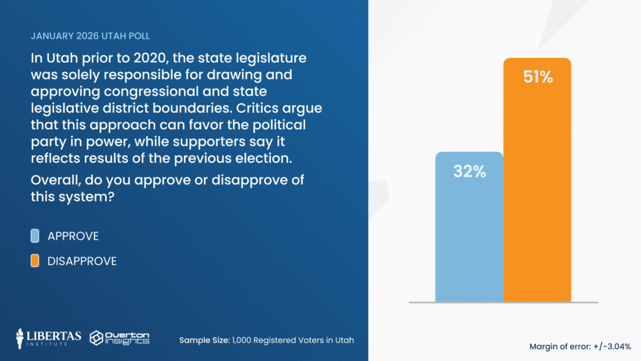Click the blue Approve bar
(469, 238)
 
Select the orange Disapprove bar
(537, 188)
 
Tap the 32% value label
(469, 172)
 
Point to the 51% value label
(538, 78)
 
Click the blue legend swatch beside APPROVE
(35, 236)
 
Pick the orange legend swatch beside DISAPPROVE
(35, 261)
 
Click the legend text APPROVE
(73, 236)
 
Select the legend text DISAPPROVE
(82, 261)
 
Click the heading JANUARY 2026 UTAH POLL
(90, 36)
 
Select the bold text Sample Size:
(203, 340)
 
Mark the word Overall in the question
(53, 180)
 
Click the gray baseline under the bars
(503, 303)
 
